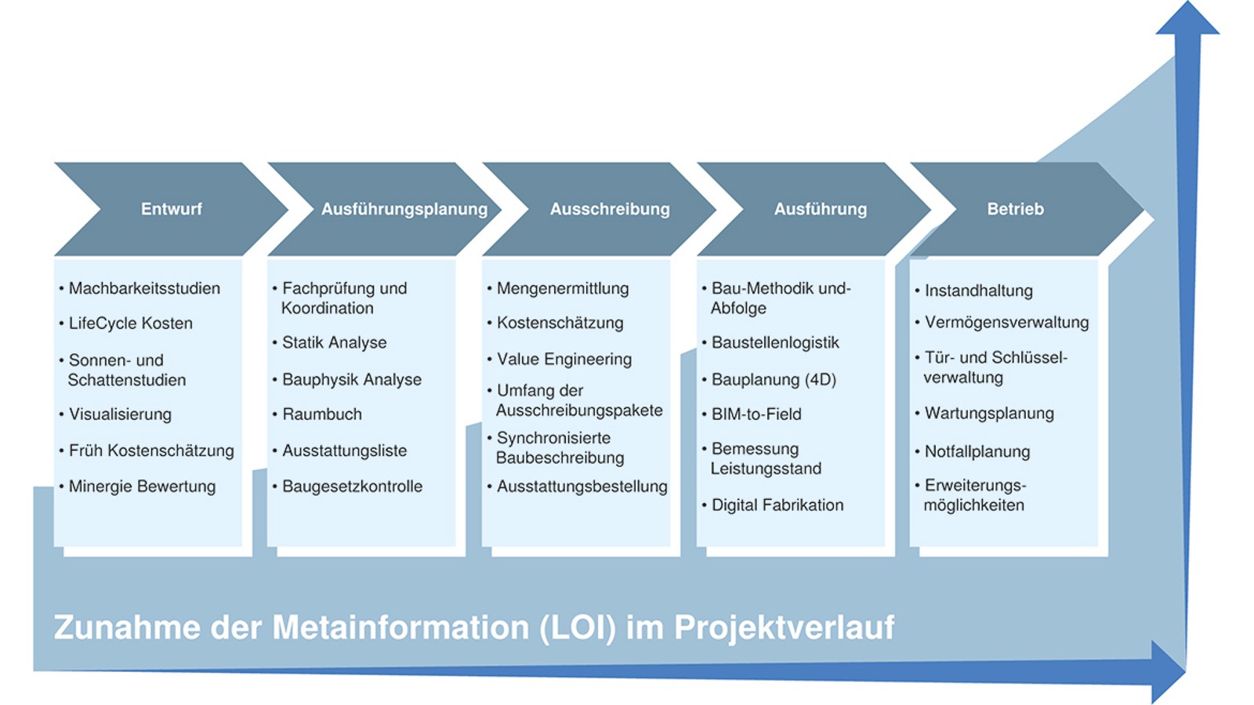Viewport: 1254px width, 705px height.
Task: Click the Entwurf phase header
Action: click(171, 209)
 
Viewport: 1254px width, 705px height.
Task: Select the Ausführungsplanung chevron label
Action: click(404, 209)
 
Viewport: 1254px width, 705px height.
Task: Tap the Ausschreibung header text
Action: click(610, 209)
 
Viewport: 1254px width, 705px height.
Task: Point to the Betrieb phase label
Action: click(1015, 209)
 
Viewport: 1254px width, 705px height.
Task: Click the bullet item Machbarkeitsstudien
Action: click(144, 288)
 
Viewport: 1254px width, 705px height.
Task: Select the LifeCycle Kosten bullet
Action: click(130, 323)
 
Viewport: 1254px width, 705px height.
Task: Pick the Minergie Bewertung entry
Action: click(142, 486)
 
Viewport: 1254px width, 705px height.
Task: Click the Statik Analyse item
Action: click(334, 342)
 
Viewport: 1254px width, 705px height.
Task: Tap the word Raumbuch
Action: click(322, 414)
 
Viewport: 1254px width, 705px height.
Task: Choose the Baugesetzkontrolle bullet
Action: click(352, 486)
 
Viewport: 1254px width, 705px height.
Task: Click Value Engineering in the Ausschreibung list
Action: click(564, 359)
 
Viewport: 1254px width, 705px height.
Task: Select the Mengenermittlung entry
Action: click(562, 288)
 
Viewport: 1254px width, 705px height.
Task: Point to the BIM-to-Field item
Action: click(756, 414)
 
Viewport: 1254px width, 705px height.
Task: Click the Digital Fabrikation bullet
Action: click(777, 505)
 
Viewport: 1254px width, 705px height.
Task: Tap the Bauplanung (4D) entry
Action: click(774, 379)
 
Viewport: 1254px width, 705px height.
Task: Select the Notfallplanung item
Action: click(977, 451)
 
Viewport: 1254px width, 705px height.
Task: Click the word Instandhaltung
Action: click(978, 291)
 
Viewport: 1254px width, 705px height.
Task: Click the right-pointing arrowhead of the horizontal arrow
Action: click(1168, 671)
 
